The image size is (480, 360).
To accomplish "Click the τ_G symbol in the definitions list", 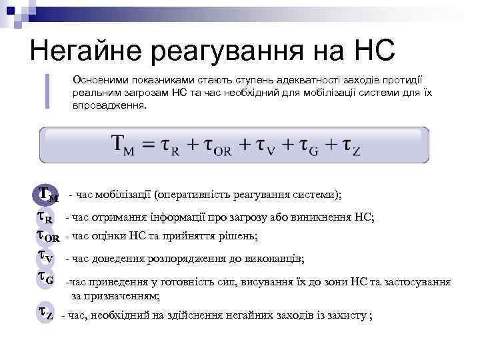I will tap(45, 279).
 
